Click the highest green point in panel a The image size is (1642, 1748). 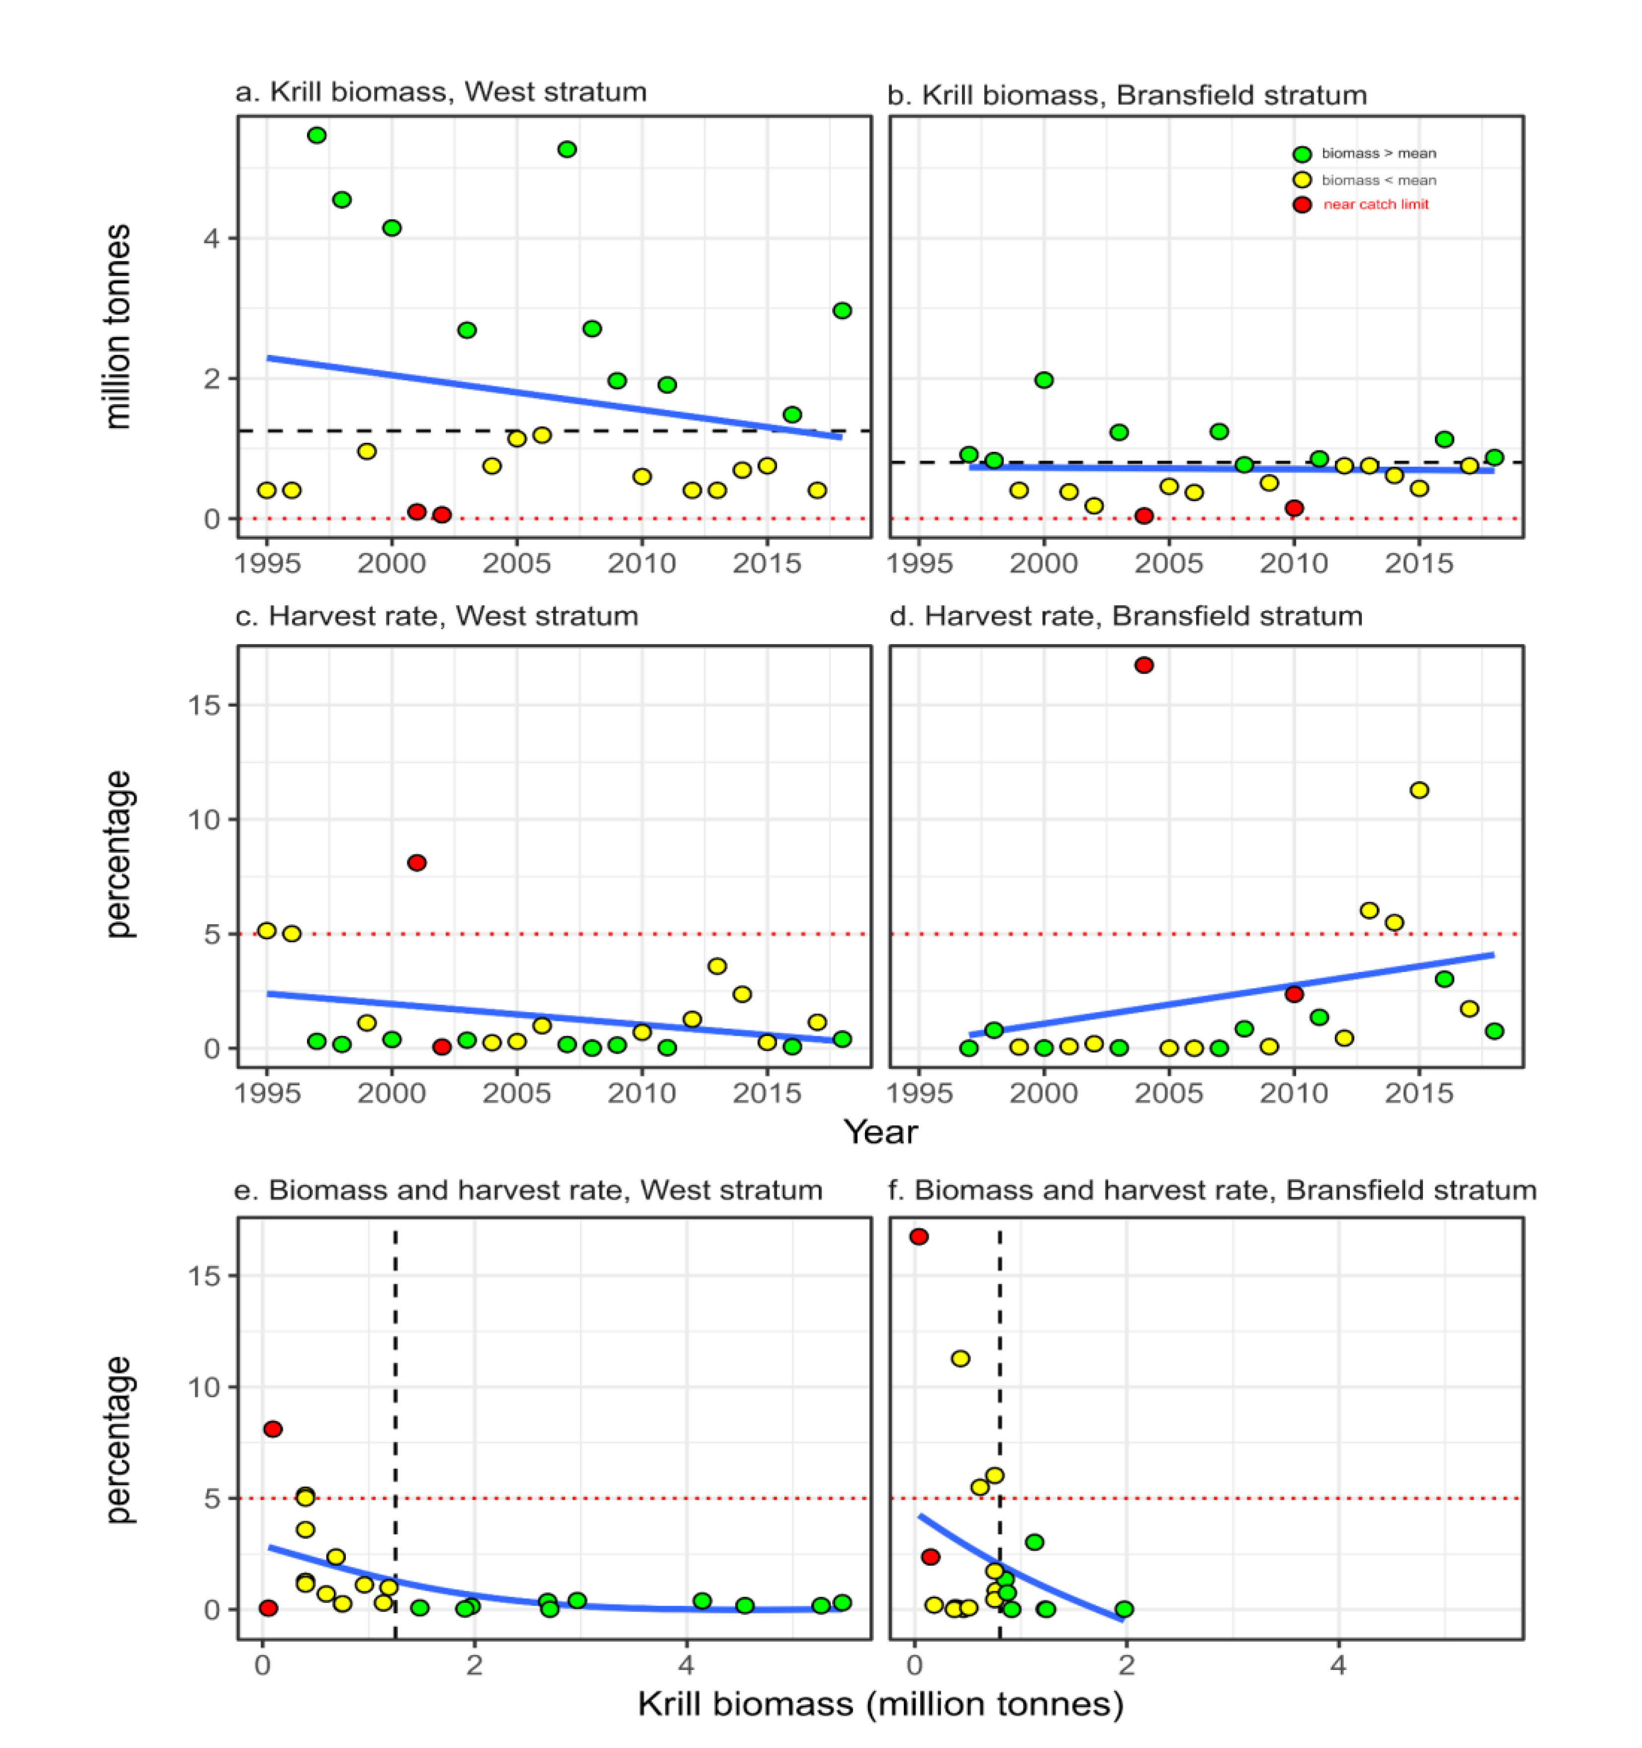316,136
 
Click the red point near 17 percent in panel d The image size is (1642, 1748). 1143,665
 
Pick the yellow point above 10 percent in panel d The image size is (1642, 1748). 1418,791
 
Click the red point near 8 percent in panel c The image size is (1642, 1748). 417,863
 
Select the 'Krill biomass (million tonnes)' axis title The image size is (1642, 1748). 880,1704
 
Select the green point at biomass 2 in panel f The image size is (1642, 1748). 1123,1609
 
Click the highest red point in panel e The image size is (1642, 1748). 273,1429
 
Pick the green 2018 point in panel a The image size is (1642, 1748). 842,310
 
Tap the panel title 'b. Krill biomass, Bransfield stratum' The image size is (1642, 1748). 1127,95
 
